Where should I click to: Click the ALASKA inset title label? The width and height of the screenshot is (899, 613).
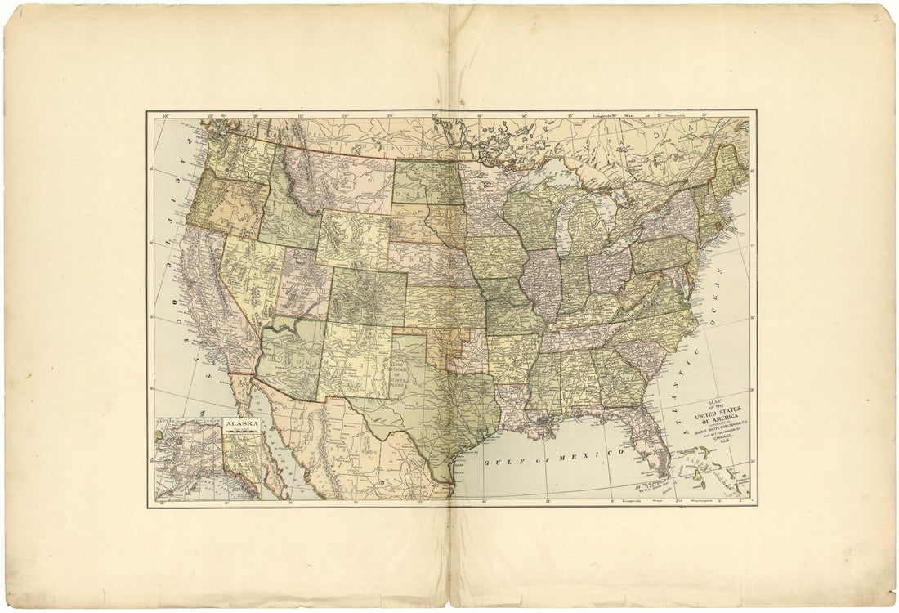[x=242, y=424]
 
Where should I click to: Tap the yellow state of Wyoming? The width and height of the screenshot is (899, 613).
[x=353, y=238]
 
